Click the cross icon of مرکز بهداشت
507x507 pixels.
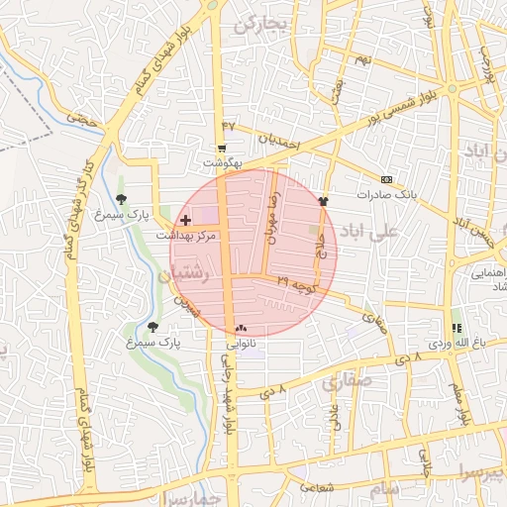[186, 219]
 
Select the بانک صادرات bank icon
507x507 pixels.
[385, 179]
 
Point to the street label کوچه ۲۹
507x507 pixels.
[297, 284]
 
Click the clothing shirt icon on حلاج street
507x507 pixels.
[323, 198]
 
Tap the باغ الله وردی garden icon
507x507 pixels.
[456, 328]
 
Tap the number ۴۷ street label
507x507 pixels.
[230, 127]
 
